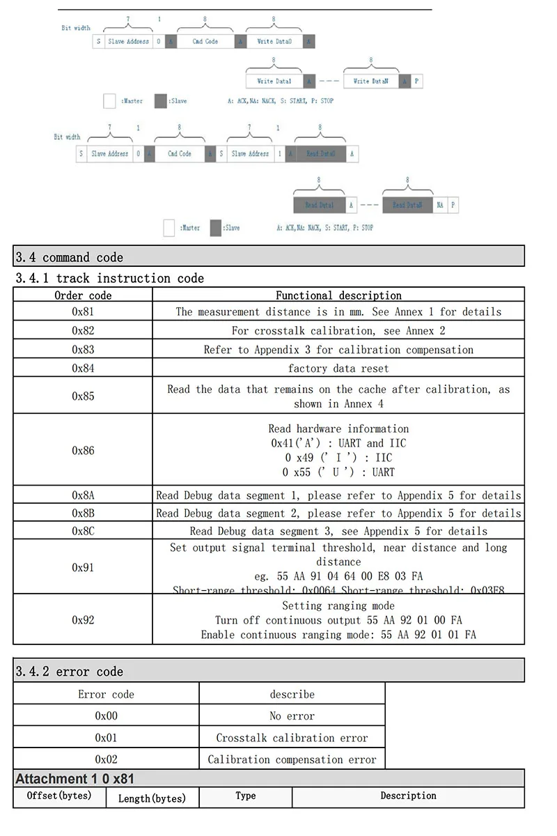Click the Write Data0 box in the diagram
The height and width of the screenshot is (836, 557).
click(x=274, y=41)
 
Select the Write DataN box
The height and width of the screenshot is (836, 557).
click(x=370, y=81)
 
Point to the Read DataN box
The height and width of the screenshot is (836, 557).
click(x=407, y=205)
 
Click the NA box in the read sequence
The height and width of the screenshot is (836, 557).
click(x=440, y=205)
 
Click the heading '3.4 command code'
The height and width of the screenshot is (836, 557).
click(x=69, y=257)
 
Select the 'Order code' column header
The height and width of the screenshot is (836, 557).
click(x=83, y=295)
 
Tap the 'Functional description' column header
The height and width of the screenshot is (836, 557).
click(x=338, y=295)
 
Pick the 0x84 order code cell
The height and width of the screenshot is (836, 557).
click(x=83, y=368)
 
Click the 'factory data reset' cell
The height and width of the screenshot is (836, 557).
click(x=338, y=368)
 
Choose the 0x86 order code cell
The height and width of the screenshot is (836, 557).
click(x=83, y=450)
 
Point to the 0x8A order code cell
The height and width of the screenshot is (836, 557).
click(x=83, y=495)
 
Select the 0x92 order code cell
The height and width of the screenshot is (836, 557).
click(x=83, y=619)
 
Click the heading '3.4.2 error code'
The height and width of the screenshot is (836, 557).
click(x=69, y=672)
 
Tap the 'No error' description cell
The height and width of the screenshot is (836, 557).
click(x=292, y=715)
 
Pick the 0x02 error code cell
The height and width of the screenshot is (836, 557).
click(x=107, y=759)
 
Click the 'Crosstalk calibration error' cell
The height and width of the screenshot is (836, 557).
click(x=292, y=738)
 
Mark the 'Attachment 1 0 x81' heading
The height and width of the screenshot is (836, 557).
click(x=74, y=778)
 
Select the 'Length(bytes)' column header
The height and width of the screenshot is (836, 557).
click(x=152, y=798)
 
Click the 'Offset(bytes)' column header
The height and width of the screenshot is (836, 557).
click(x=59, y=796)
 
